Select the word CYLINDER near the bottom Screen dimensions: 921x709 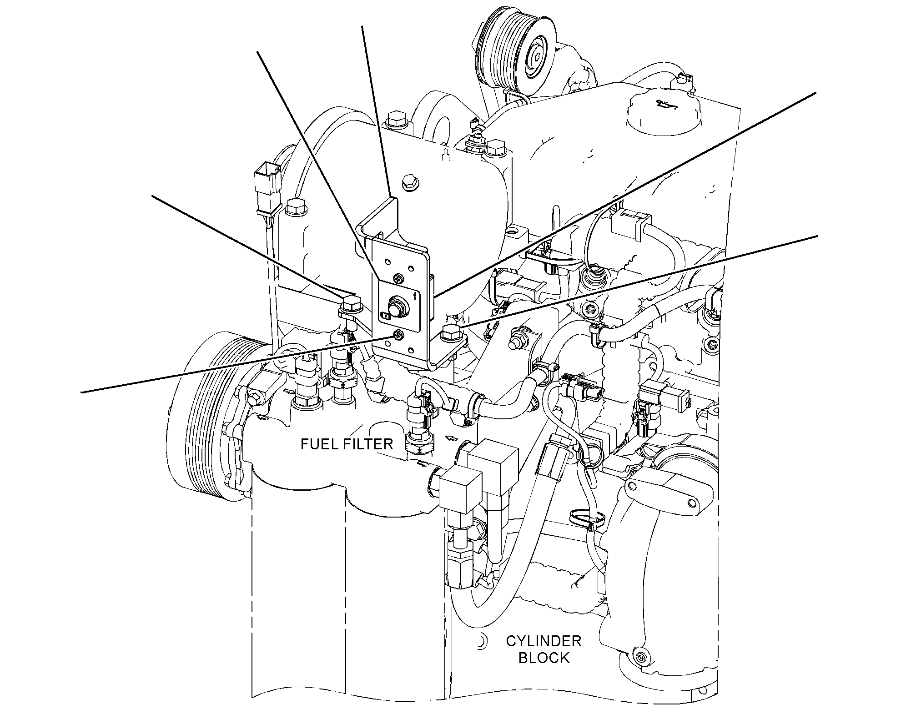pos(544,641)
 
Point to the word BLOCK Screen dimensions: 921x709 pos(544,658)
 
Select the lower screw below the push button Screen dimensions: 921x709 pos(398,336)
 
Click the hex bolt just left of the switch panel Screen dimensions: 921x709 pos(350,305)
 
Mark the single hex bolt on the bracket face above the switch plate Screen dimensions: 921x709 pos(408,182)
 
